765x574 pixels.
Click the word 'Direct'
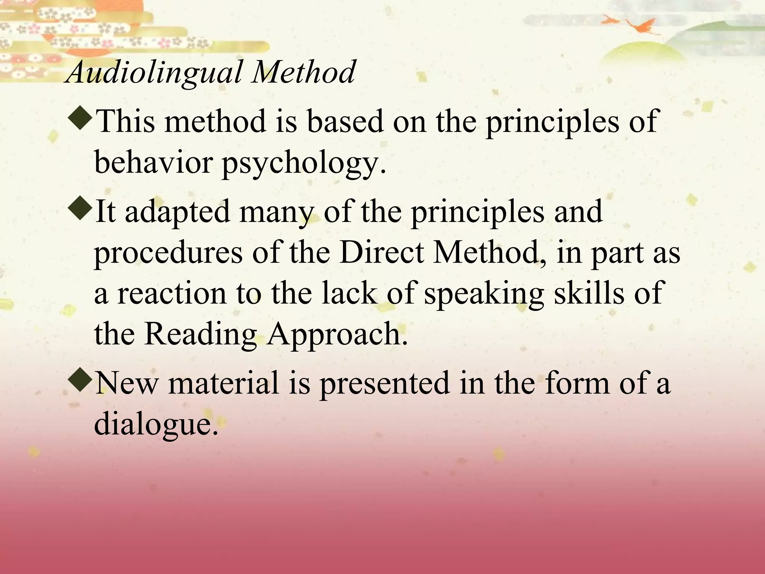coord(381,252)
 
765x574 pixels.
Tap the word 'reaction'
coord(172,293)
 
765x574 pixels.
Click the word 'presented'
coord(384,385)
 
